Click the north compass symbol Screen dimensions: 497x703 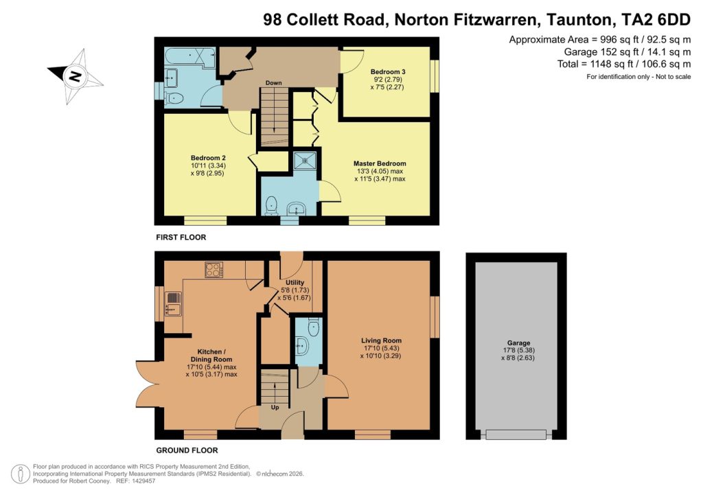coord(75,76)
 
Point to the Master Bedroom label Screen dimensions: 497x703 coord(380,163)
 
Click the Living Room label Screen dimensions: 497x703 coord(381,340)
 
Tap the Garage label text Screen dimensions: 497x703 coord(518,343)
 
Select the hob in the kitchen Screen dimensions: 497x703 coord(214,270)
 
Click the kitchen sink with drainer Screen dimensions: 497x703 coord(173,305)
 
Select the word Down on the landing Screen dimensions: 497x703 coord(274,83)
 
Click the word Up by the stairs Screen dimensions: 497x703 coord(275,407)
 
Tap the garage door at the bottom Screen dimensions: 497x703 coord(516,434)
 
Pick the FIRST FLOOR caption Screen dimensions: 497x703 coord(181,238)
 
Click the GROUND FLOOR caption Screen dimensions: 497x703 coord(187,451)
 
